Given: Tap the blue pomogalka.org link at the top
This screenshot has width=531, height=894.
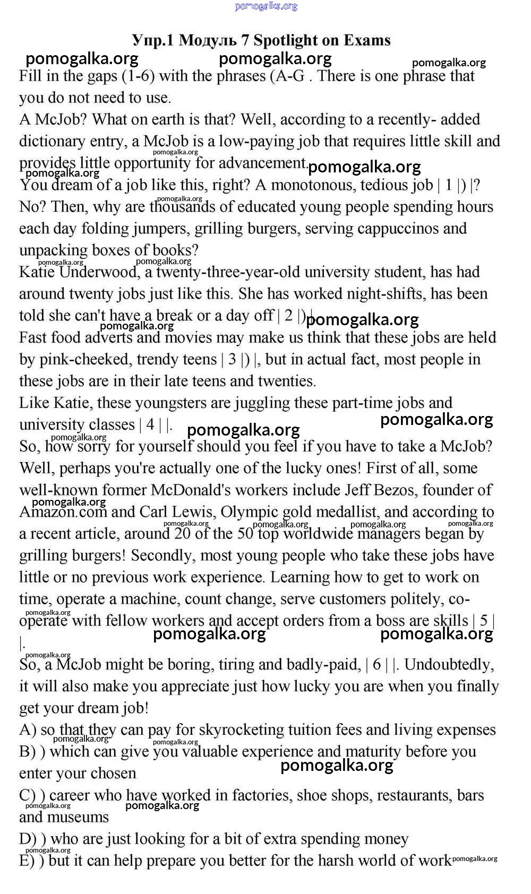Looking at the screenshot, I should pyautogui.click(x=265, y=6).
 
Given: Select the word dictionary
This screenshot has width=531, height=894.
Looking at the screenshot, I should pyautogui.click(x=52, y=141).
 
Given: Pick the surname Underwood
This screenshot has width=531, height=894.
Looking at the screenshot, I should pyautogui.click(x=99, y=272).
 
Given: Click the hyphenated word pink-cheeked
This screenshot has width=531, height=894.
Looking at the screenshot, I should pyautogui.click(x=85, y=359).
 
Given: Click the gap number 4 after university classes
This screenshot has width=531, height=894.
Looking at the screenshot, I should pyautogui.click(x=150, y=424).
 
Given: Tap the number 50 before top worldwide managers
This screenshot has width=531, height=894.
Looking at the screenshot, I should pyautogui.click(x=245, y=533).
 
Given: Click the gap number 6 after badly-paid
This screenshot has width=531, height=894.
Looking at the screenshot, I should pyautogui.click(x=376, y=664).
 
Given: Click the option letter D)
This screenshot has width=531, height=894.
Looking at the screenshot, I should pyautogui.click(x=27, y=839).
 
